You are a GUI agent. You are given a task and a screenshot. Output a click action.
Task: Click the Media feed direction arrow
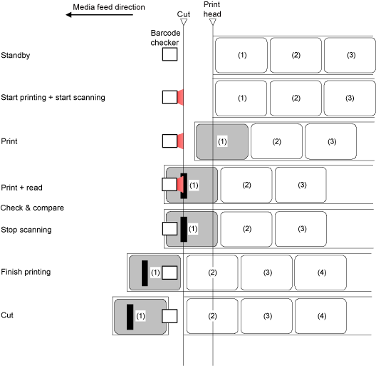pyautogui.click(x=99, y=15)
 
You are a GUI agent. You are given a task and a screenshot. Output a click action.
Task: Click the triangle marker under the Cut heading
pyautogui.click(x=184, y=22)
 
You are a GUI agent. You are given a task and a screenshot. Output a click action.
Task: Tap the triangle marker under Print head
pyautogui.click(x=213, y=22)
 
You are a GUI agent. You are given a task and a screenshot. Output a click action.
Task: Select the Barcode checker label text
pyautogui.click(x=165, y=38)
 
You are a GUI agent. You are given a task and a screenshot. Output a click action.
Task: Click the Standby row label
pyautogui.click(x=16, y=55)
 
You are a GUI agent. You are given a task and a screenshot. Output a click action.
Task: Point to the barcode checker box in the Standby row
pyautogui.click(x=169, y=54)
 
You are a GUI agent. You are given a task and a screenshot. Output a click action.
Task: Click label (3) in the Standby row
pyautogui.click(x=350, y=55)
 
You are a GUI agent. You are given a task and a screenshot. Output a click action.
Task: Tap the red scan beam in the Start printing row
pyautogui.click(x=180, y=97)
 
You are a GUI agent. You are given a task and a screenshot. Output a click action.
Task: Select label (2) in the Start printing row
pyautogui.click(x=296, y=98)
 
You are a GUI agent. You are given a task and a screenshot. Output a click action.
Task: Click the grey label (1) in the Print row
pyautogui.click(x=222, y=141)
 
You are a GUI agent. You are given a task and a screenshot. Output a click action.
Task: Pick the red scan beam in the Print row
pyautogui.click(x=180, y=141)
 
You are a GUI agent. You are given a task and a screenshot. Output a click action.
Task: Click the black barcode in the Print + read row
pyautogui.click(x=184, y=185)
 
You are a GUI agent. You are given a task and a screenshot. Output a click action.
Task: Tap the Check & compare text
pyautogui.click(x=32, y=208)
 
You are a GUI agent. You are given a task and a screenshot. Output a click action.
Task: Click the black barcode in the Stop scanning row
pyautogui.click(x=184, y=229)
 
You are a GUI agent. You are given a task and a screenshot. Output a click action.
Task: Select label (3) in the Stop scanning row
pyautogui.click(x=301, y=229)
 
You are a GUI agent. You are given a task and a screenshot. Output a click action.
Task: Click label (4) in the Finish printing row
pyautogui.click(x=320, y=273)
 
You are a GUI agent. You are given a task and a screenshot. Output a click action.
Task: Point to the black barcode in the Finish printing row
pyautogui.click(x=145, y=273)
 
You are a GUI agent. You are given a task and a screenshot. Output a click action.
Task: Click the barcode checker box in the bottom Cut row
pyautogui.click(x=169, y=316)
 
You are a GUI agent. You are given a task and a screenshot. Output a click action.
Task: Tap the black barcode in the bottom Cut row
pyautogui.click(x=130, y=317)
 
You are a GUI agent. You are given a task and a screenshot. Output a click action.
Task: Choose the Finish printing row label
pyautogui.click(x=26, y=272)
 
